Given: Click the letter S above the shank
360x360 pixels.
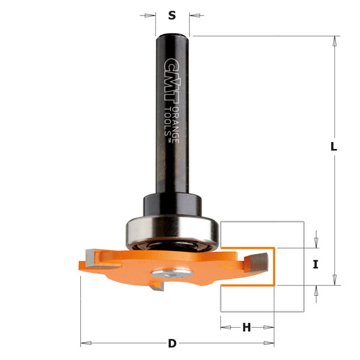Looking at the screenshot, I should coord(172,16).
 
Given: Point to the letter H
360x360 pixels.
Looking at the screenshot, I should coord(247,328).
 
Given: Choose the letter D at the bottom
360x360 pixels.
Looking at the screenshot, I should coord(172,344).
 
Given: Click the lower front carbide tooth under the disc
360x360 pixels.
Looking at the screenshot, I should coord(158,289).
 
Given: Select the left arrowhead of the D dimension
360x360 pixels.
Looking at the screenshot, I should coord(85,343).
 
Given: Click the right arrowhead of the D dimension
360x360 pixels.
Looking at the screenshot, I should coord(271,343).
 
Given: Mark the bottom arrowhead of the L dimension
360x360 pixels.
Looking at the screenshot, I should coord(334,279).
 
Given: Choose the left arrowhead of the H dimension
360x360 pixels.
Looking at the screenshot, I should coord(224,328).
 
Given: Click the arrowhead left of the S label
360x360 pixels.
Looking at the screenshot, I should coord(151,16).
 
